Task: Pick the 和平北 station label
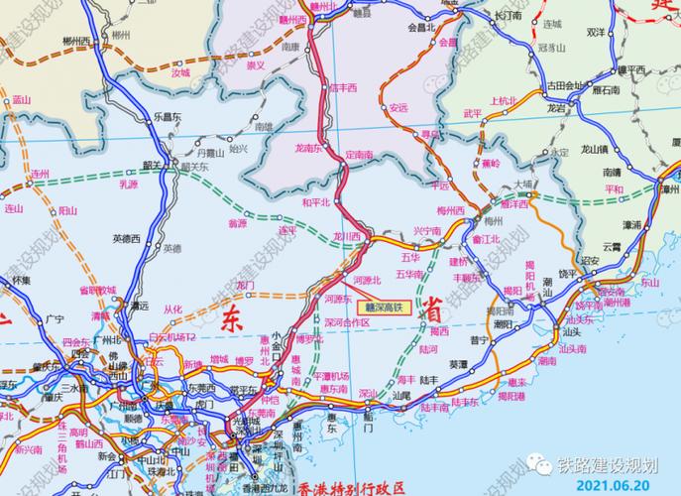(x=314, y=202)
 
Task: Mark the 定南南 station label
(x=359, y=155)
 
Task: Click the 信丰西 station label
(x=343, y=87)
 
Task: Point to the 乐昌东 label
(x=166, y=116)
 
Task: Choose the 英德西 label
(x=127, y=237)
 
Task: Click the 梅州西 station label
(x=451, y=211)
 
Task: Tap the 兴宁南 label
(x=426, y=230)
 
